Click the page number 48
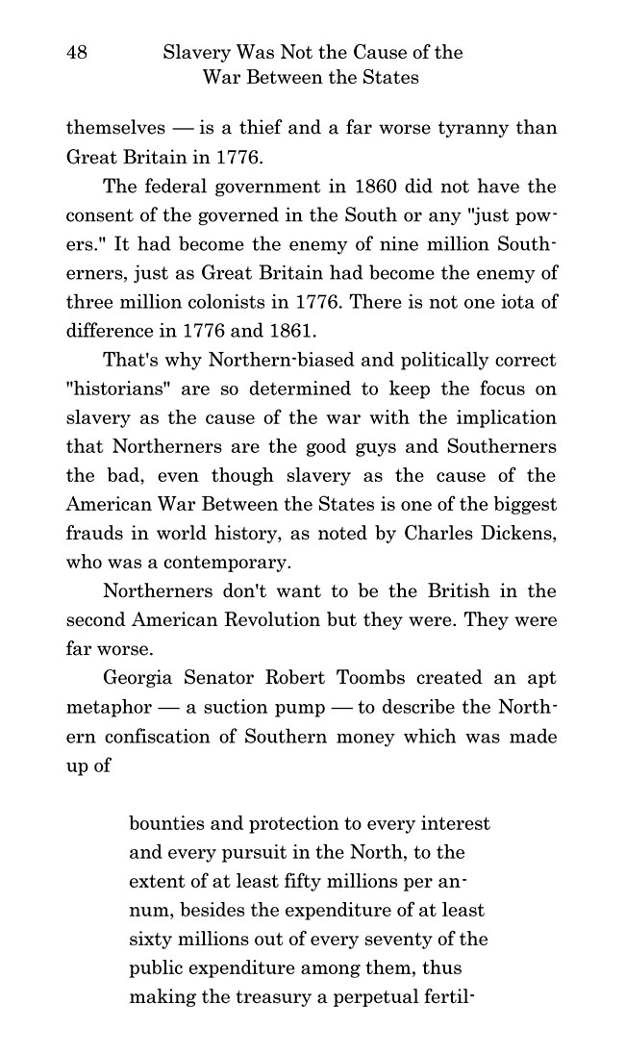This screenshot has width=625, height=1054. point(77,53)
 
